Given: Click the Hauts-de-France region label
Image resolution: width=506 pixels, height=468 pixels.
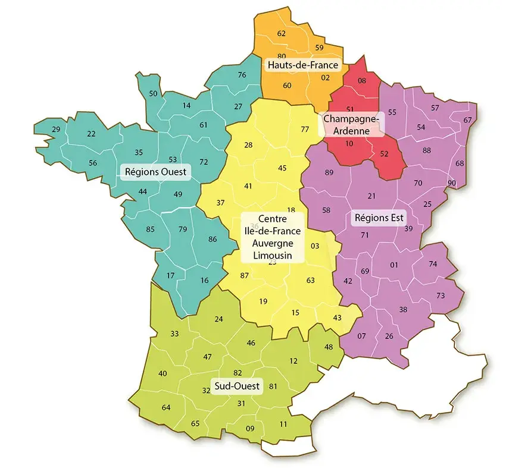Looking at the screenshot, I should pos(302,65).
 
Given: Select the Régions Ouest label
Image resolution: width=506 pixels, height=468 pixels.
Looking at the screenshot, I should pos(155,172).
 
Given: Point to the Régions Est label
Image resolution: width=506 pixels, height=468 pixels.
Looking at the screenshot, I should pos(379,217).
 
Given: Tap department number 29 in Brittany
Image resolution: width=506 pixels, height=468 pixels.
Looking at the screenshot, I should pos(56,130).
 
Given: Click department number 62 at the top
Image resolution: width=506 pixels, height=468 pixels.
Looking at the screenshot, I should pos(282,33).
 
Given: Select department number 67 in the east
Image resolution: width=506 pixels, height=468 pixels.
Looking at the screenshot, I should pos(467,120).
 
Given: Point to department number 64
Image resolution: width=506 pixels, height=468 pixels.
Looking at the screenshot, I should pos(165,407).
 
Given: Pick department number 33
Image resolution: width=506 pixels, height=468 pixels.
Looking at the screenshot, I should pos(174,334).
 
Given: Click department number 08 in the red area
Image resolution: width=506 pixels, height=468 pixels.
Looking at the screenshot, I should pos(361,80).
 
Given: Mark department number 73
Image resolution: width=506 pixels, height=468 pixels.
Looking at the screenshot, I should pos(441,296).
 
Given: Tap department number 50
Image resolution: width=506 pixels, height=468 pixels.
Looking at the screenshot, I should pos(153,93).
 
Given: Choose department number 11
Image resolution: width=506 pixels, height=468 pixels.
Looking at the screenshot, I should pos(283,424).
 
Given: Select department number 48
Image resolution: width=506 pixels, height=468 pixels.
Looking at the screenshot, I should pos(329,347).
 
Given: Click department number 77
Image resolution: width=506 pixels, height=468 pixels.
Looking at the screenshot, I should pos(305,129).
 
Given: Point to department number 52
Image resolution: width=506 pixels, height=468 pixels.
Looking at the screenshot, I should pos(384,153).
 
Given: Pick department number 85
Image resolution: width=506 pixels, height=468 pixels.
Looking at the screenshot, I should pos(150,230).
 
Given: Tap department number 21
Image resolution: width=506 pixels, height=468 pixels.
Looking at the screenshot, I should pos(372,196).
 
